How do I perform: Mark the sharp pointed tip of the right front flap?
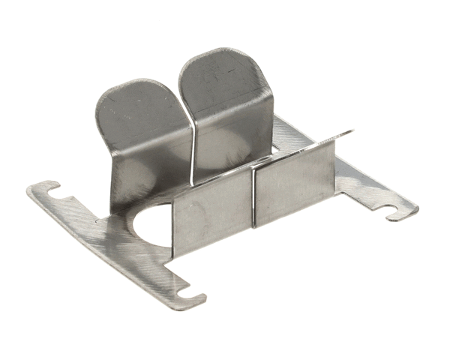pos(352,133)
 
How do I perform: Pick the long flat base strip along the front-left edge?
pos(112,240)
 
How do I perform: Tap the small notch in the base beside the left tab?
pos(101,220)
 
